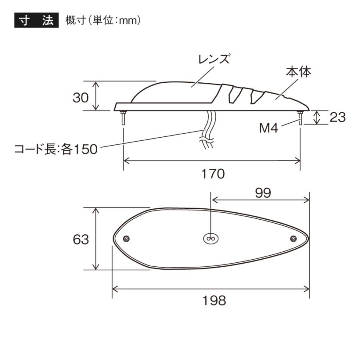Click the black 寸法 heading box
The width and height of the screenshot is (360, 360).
pos(36,20)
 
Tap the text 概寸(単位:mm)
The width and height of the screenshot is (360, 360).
pos(102,21)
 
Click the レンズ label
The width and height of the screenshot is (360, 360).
pos(214,60)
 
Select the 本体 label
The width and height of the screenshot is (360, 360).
pos(298,72)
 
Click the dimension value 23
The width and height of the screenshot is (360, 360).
pos(337,117)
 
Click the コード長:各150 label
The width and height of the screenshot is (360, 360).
pos(56,150)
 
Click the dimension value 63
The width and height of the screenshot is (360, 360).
pos(81,239)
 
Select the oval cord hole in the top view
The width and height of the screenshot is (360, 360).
pos(210,238)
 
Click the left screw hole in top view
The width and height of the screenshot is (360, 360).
pos(127,239)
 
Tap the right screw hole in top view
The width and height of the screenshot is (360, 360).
pos(293,239)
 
